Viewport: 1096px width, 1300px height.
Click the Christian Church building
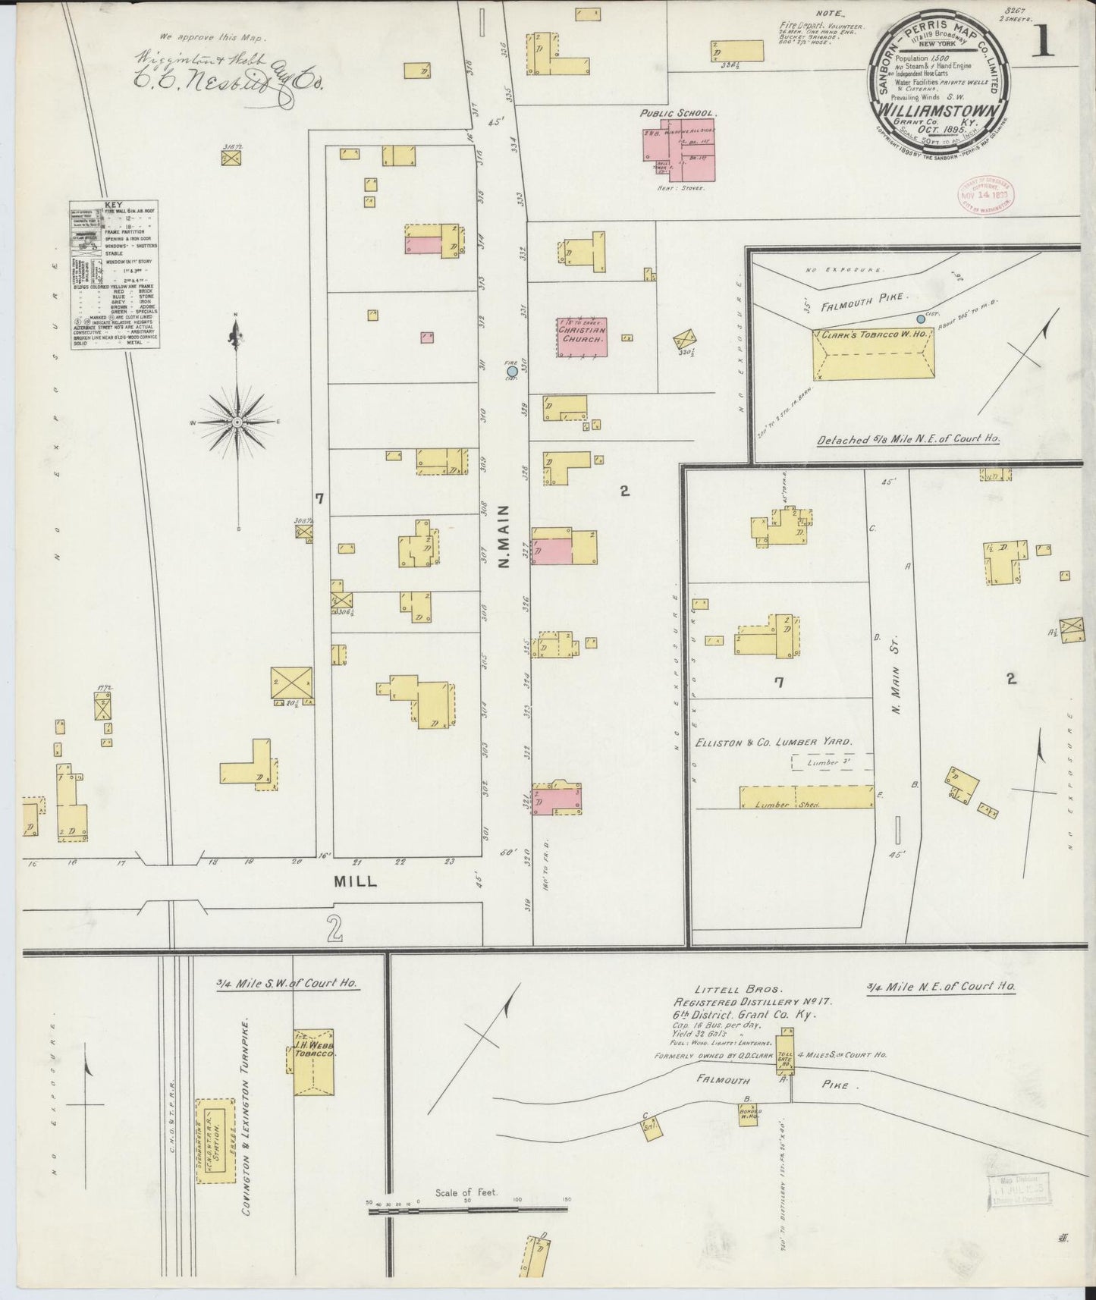pyautogui.click(x=582, y=337)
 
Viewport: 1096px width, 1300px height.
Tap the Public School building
pyautogui.click(x=680, y=140)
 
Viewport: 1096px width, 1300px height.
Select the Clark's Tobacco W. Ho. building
pyautogui.click(x=874, y=354)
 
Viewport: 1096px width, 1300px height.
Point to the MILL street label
pyautogui.click(x=356, y=882)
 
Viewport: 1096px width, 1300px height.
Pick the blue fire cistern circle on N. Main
pyautogui.click(x=512, y=372)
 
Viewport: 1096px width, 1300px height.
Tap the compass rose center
pyautogui.click(x=237, y=421)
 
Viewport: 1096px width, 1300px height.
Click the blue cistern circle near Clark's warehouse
pyautogui.click(x=922, y=319)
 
